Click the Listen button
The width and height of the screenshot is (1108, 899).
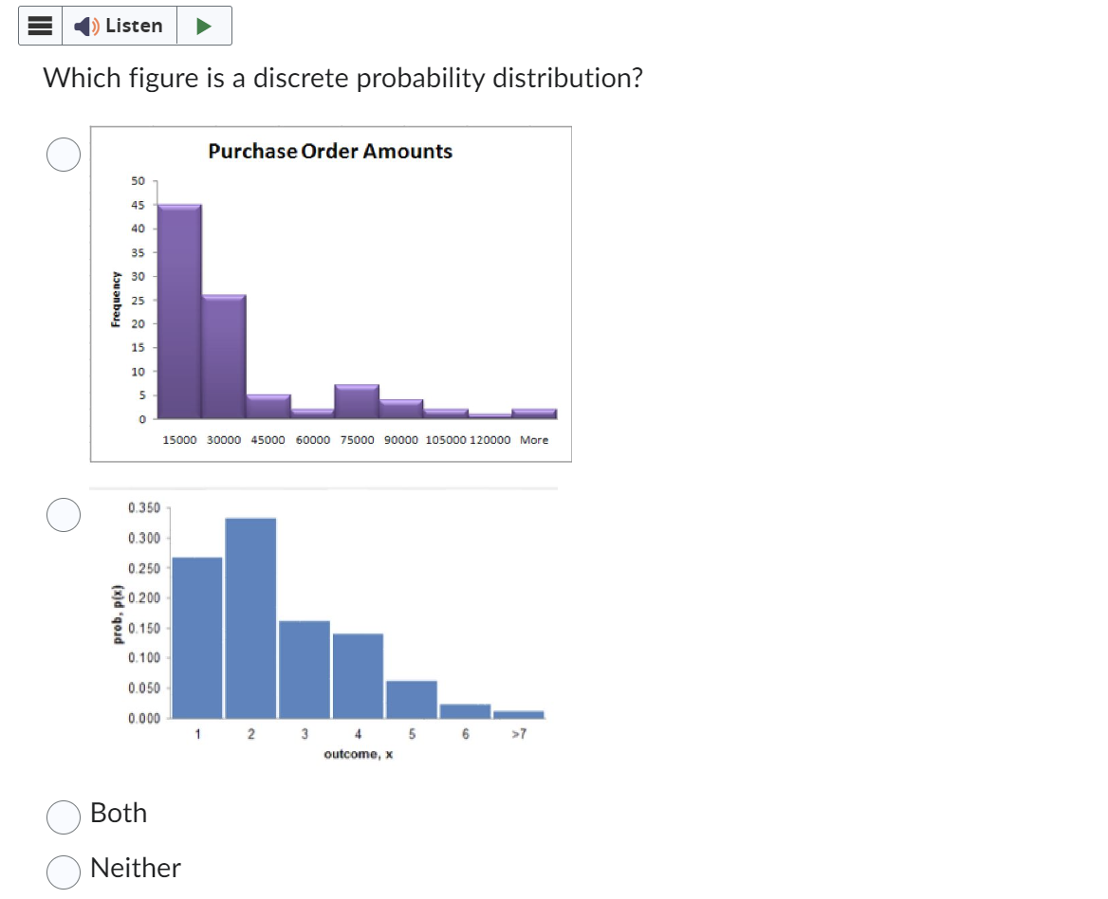[x=120, y=26]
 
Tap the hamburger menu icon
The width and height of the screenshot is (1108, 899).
[x=40, y=26]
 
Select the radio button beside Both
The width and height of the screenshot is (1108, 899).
[x=64, y=816]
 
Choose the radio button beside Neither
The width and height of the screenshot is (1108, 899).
[x=64, y=871]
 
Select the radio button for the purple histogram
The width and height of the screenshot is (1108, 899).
[x=64, y=154]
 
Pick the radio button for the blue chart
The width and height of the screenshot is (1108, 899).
[x=64, y=515]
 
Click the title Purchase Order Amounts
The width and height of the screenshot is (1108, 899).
[x=330, y=151]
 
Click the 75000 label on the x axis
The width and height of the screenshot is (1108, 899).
[x=358, y=440]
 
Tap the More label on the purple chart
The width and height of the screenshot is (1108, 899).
[x=534, y=440]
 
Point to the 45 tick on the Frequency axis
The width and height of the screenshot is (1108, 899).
[x=138, y=205]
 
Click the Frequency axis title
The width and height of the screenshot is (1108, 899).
[x=115, y=300]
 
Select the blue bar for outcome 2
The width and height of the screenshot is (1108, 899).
[x=250, y=616]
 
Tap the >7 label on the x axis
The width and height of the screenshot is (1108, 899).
[x=518, y=734]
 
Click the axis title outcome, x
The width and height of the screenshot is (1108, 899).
[x=359, y=754]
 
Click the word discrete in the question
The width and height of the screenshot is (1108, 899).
[x=301, y=78]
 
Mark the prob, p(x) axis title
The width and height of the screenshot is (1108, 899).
[x=117, y=614]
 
